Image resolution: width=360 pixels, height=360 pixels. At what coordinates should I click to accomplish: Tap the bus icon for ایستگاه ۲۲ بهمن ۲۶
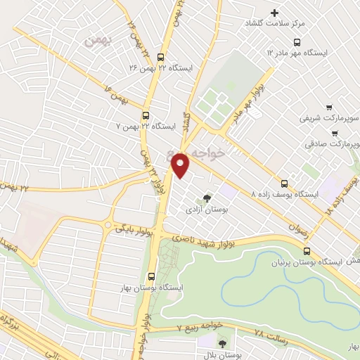tap(161, 58)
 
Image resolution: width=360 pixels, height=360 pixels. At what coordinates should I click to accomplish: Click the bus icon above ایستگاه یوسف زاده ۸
tap(284, 181)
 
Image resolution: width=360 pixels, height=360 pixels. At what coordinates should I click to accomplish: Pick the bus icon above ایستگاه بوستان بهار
tap(153, 276)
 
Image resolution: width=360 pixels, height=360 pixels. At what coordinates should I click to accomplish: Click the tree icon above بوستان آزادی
tap(206, 199)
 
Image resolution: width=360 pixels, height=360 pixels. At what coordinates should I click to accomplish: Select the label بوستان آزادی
tap(205, 210)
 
